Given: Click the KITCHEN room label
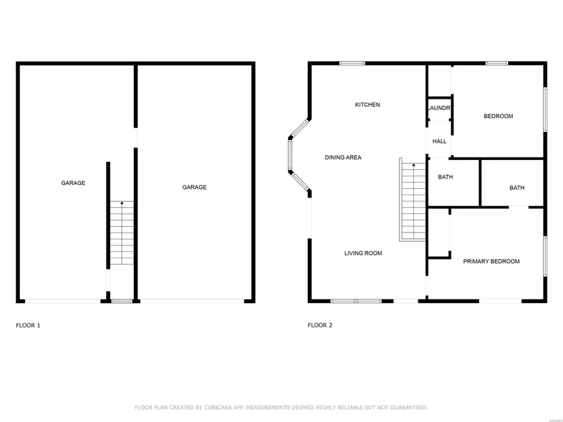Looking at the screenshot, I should click(x=367, y=104).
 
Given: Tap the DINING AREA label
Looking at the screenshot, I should click(x=343, y=158).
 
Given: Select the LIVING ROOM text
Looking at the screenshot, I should click(x=363, y=253).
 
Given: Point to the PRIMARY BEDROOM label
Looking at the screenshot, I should click(x=491, y=261).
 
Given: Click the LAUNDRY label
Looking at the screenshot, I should click(x=440, y=108).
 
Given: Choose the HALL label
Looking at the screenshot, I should click(x=440, y=141).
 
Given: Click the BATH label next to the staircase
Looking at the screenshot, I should click(x=445, y=177).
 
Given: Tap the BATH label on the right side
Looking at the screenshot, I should click(x=517, y=188).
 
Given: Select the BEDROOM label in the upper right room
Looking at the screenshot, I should click(x=498, y=116).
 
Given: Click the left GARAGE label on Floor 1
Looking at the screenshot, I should click(x=73, y=183).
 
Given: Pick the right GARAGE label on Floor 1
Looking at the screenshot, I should click(x=194, y=187).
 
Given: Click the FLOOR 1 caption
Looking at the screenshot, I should click(x=28, y=325).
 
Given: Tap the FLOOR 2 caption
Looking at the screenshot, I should click(x=320, y=325).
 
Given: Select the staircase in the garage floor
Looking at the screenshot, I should click(x=122, y=234).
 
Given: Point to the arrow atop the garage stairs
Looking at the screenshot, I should click(x=122, y=203).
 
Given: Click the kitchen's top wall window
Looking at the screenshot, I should click(x=352, y=63).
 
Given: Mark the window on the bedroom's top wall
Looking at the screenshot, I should click(x=497, y=63).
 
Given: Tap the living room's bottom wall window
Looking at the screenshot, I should click(x=355, y=301).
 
